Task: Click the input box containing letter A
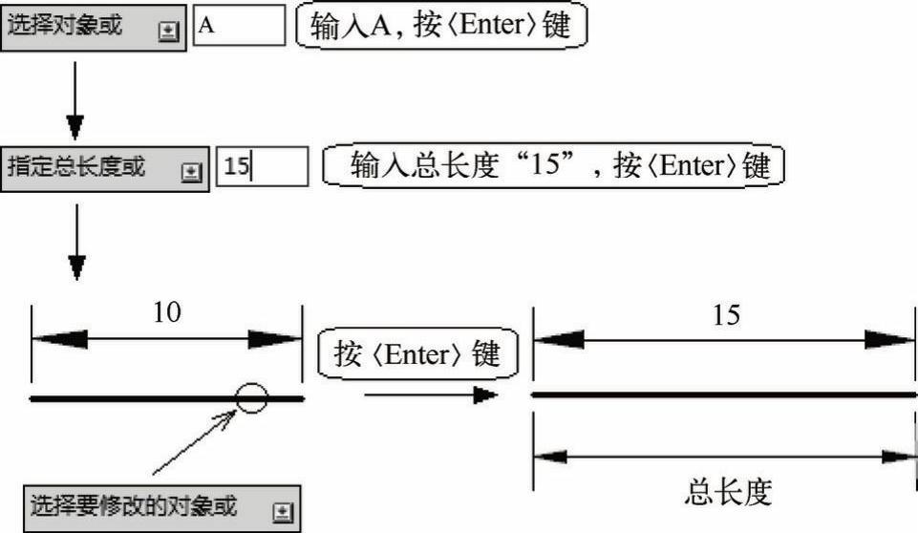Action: click(239, 26)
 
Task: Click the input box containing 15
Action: click(262, 167)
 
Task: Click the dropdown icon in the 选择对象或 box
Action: click(168, 30)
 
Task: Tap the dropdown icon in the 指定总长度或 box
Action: click(191, 171)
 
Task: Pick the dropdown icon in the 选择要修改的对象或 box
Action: click(281, 511)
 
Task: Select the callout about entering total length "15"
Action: click(554, 166)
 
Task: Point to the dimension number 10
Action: click(167, 312)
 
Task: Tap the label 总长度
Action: click(727, 492)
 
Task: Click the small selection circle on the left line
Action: click(251, 396)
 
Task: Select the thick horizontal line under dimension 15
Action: click(723, 394)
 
